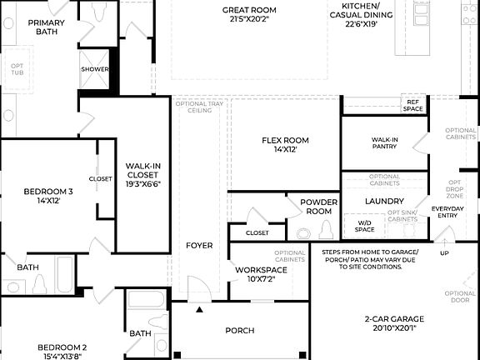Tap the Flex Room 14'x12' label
point(284,145)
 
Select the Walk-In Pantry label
point(384,143)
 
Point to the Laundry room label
point(384,201)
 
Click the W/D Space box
point(364,226)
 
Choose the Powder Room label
point(317,207)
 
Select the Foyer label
point(199,245)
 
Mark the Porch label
point(240,331)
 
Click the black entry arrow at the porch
point(198,309)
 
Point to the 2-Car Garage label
point(394,323)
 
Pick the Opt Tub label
point(17,68)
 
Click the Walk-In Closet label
point(142,176)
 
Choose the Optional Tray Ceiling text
point(198,107)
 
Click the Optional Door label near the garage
point(460,297)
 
